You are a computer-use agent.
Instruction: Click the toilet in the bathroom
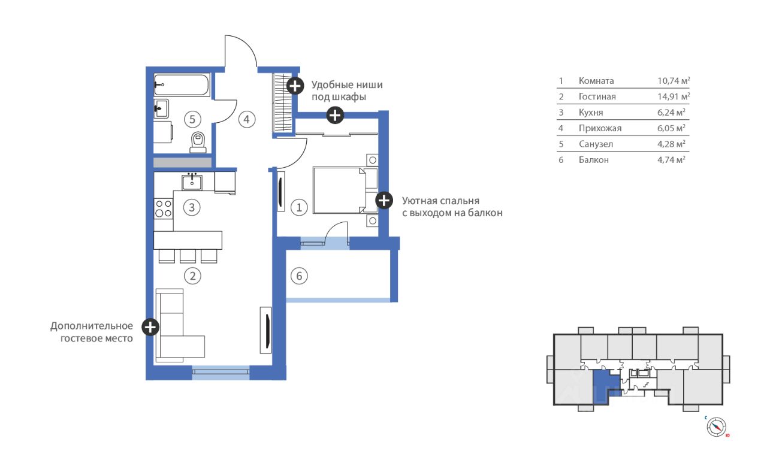(x=198, y=143)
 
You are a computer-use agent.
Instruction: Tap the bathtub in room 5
(x=182, y=84)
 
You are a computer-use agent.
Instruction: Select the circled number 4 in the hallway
(x=246, y=119)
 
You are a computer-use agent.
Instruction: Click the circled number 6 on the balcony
(x=299, y=276)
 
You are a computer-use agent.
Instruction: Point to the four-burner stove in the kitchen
(x=164, y=209)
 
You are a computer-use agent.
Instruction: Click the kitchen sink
(x=192, y=181)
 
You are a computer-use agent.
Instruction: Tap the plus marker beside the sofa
(x=150, y=327)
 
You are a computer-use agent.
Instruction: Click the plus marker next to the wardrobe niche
(x=295, y=86)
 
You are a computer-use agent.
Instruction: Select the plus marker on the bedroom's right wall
(x=384, y=200)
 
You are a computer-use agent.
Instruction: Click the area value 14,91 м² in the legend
(x=674, y=96)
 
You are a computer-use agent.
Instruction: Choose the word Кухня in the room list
(x=591, y=113)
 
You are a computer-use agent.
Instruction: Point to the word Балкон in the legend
(x=594, y=160)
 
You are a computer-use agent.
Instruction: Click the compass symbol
(x=716, y=427)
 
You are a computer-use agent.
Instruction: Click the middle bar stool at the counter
(x=188, y=256)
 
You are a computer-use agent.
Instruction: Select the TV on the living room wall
(x=266, y=330)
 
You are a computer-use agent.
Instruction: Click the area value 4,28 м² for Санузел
(x=671, y=144)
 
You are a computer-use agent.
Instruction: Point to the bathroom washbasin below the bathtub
(x=161, y=108)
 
